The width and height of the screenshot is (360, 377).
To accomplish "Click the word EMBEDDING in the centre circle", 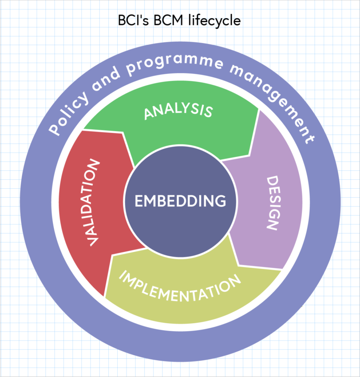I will click(180, 201).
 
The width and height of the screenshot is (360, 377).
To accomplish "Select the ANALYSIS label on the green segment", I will click(178, 111).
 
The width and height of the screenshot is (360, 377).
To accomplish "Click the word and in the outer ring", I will click(108, 79).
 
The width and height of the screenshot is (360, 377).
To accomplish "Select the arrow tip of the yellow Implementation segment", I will click(112, 256).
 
